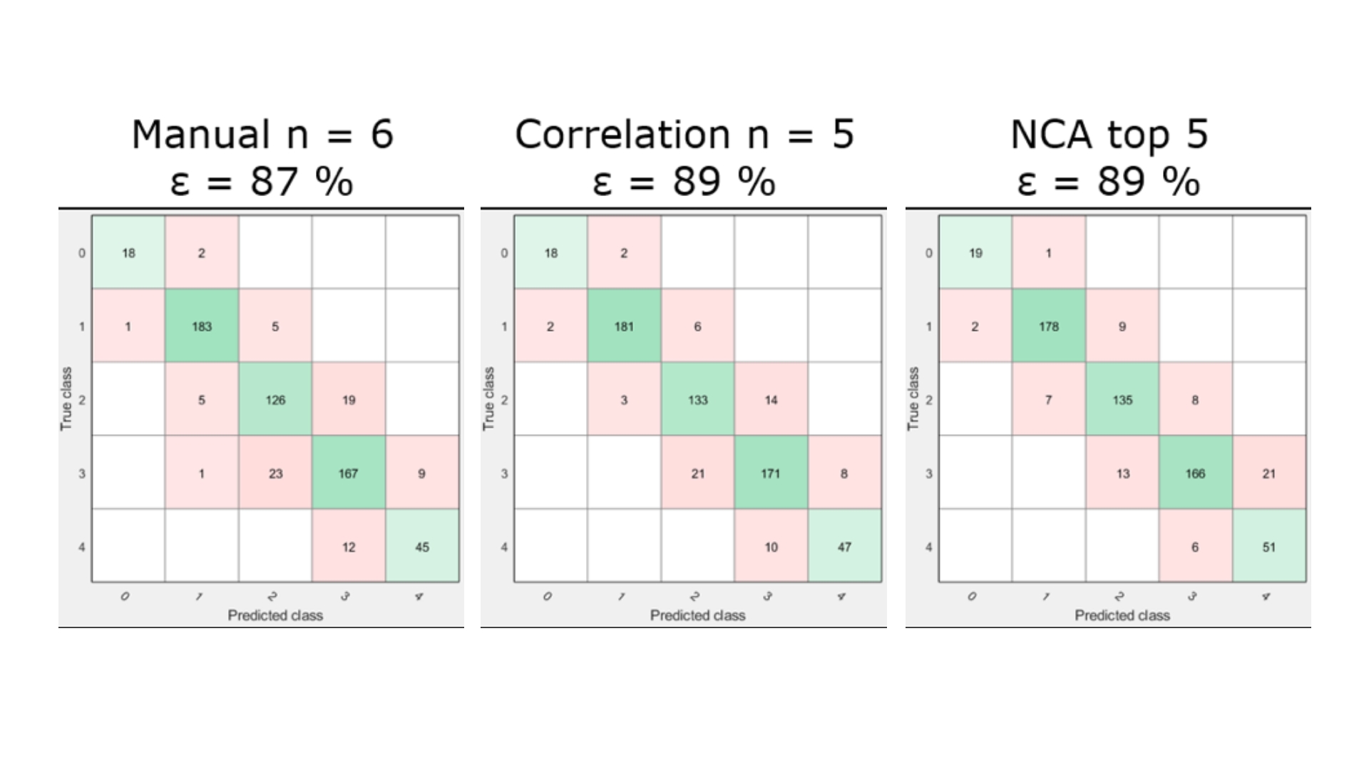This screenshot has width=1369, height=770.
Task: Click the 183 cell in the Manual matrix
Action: tap(202, 326)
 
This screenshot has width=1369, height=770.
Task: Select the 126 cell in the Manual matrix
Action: tap(275, 399)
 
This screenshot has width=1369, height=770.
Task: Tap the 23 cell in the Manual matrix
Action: tap(275, 473)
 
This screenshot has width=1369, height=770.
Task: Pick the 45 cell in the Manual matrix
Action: tap(422, 546)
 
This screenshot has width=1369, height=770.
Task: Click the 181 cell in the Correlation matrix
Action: tap(624, 326)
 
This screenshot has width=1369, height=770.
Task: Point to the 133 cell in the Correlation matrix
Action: tap(697, 399)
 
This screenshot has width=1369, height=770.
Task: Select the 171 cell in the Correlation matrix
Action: tap(771, 473)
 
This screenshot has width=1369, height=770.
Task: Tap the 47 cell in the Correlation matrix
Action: tap(844, 546)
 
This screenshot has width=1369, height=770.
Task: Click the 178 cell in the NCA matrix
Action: tap(1049, 326)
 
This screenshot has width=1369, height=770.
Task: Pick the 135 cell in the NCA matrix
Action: tap(1122, 399)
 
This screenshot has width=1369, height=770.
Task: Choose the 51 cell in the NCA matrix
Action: tap(1269, 546)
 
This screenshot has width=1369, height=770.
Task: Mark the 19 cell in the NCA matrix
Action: tap(975, 252)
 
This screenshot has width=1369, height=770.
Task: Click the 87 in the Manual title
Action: tap(274, 181)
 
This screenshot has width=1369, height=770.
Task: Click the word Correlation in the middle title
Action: tap(622, 134)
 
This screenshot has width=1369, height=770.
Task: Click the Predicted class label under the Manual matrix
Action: tap(275, 615)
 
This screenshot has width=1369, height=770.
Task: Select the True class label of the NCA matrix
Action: tap(913, 399)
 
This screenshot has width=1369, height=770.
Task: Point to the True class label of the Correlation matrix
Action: tap(488, 399)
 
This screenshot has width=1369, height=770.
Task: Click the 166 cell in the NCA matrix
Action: tap(1196, 473)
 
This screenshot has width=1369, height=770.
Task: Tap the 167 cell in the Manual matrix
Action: tap(349, 473)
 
